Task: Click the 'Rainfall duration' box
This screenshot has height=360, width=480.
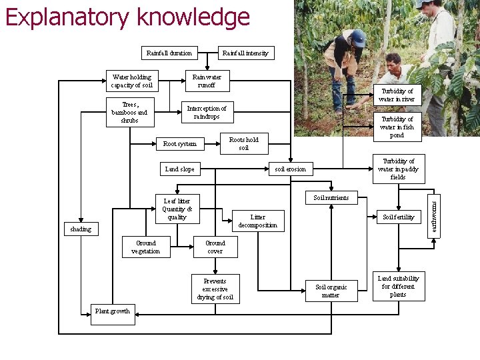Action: click(x=169, y=53)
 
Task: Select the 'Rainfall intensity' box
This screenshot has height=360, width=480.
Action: click(x=245, y=53)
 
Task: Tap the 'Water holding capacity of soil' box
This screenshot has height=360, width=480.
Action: click(x=131, y=81)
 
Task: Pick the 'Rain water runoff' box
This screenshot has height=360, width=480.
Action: click(x=207, y=81)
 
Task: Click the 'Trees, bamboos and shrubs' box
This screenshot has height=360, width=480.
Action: click(x=130, y=112)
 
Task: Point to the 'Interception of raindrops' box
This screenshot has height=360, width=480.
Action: click(x=206, y=112)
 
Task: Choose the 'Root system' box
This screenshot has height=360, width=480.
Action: click(x=180, y=143)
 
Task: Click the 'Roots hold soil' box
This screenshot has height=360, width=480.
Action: click(x=243, y=143)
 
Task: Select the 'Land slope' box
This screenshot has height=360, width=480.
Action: click(x=179, y=169)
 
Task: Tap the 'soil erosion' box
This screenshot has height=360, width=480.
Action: click(x=290, y=169)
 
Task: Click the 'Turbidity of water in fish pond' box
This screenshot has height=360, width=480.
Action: click(x=397, y=127)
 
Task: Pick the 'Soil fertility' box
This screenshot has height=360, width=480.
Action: click(x=398, y=217)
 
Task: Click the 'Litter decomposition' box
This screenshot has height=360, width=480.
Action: click(x=257, y=221)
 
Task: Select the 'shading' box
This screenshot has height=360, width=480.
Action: click(x=81, y=229)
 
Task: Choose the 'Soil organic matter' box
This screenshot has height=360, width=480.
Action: click(x=331, y=291)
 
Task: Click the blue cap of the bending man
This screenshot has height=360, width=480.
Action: click(x=358, y=37)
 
